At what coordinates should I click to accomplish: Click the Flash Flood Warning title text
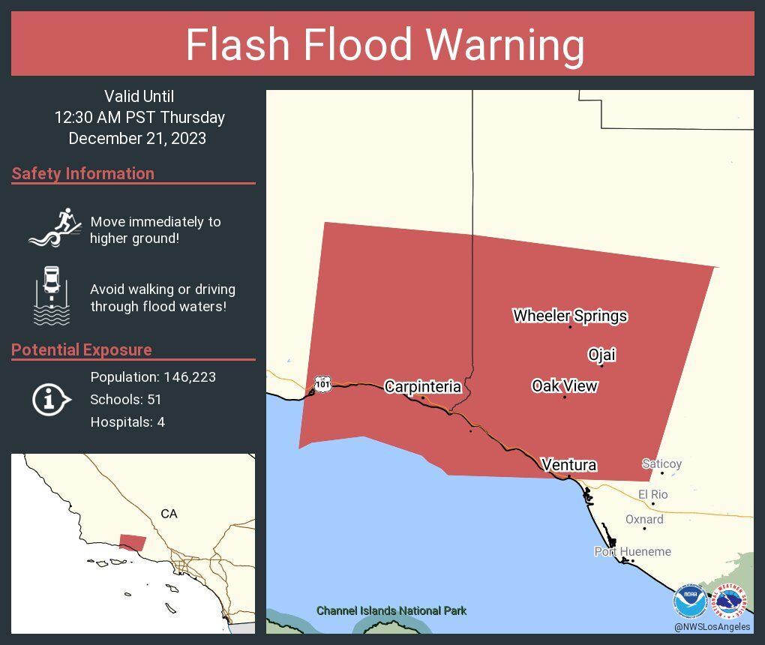coord(385,45)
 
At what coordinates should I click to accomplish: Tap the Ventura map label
coord(568,465)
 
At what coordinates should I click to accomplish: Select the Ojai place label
coord(601,355)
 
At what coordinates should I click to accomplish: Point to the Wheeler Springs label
coord(570,316)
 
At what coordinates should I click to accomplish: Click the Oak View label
coord(564,385)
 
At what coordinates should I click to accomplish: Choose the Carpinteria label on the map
coord(422,387)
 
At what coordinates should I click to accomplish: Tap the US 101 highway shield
coord(322,383)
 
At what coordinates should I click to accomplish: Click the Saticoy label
coord(661,463)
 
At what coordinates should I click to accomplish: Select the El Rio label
coord(652,494)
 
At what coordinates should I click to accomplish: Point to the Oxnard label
coord(644,519)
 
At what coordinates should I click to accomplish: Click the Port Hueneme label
coord(632,551)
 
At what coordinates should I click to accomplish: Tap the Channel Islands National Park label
coord(391,610)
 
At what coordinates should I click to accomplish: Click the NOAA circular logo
coord(689,601)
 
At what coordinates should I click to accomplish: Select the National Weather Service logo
coord(730,601)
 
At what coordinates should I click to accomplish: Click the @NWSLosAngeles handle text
coord(712,627)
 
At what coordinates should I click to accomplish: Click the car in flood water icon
coord(52,295)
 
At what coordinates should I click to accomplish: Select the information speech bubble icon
coord(51,400)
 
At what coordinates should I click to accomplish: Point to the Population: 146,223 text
coord(153,377)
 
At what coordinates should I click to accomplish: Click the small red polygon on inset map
coord(133,541)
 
